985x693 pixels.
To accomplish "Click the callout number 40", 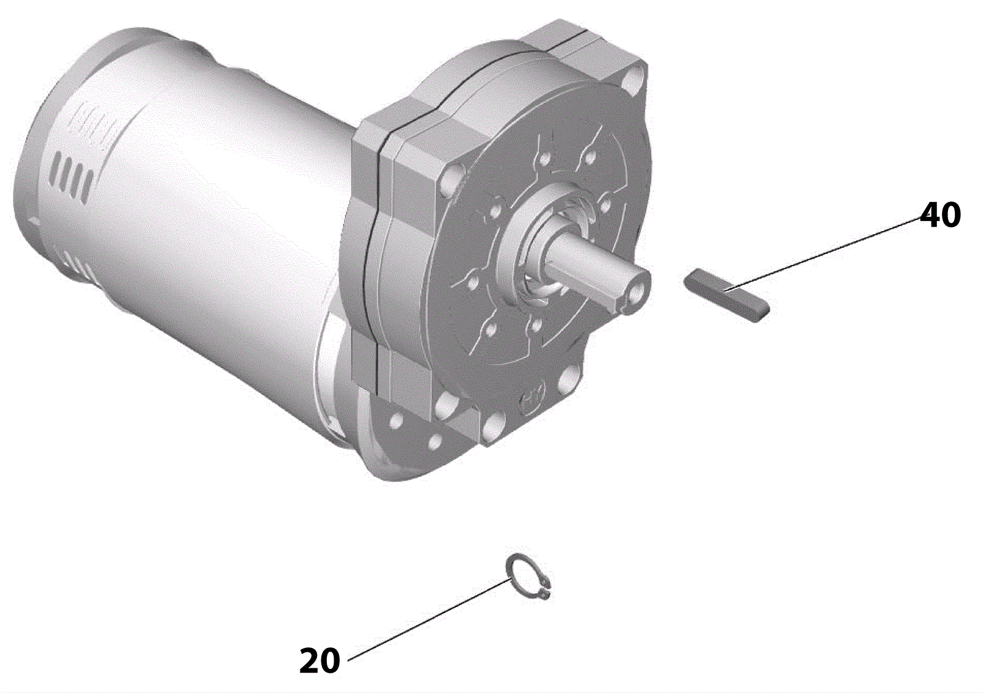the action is pyautogui.click(x=941, y=215).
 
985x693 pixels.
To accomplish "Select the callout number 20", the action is pyautogui.click(x=320, y=660).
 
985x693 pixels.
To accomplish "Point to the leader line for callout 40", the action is pyautogui.click(x=822, y=254).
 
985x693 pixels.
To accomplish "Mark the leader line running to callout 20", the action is pyautogui.click(x=430, y=625).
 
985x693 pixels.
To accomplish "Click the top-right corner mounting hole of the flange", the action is pyautogui.click(x=634, y=83).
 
